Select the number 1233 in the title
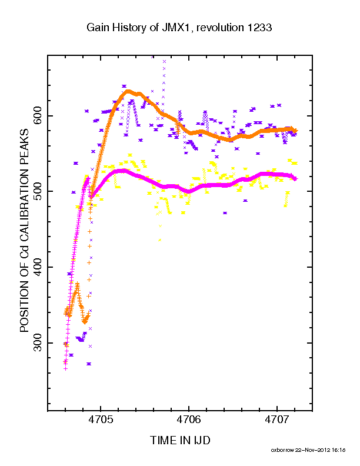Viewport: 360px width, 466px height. click(259, 28)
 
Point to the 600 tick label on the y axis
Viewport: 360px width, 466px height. click(38, 116)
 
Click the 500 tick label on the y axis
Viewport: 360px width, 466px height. click(38, 191)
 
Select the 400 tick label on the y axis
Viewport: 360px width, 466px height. click(38, 267)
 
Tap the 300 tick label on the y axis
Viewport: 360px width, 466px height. click(38, 342)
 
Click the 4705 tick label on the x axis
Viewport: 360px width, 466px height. click(101, 420)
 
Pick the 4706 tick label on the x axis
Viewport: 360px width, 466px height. click(189, 420)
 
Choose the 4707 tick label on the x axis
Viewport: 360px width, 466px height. click(277, 420)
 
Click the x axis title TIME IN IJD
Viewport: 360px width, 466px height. click(180, 440)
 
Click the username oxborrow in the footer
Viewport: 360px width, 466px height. click(282, 450)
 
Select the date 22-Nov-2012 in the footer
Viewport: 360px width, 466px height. click(312, 450)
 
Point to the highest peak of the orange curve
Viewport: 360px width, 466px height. click(128, 91)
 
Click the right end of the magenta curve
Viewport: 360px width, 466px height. click(295, 179)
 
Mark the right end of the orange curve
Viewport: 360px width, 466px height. click(295, 131)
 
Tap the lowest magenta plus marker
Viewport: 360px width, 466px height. click(66, 368)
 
